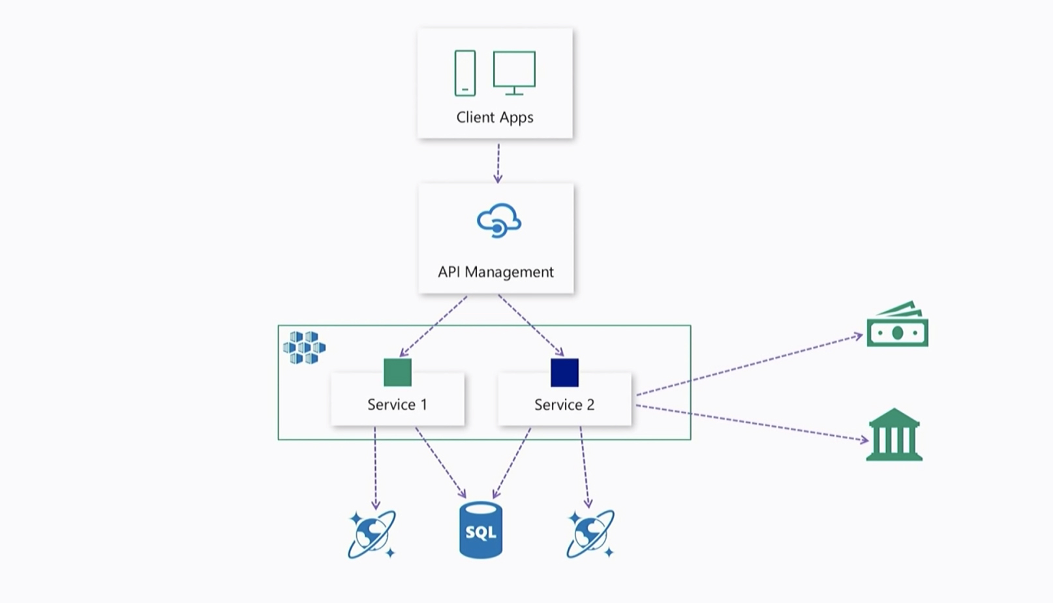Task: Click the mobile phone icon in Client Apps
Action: point(465,73)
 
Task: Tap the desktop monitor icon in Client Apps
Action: point(514,72)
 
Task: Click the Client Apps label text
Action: point(495,117)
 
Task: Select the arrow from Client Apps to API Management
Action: point(498,163)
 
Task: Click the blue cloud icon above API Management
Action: point(498,221)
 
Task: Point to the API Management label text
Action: point(496,272)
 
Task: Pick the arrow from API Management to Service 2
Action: point(531,325)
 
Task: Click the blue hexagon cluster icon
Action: point(304,347)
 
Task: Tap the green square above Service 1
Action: point(397,373)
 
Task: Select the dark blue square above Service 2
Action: point(564,373)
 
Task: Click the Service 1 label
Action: point(397,405)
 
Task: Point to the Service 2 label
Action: point(564,405)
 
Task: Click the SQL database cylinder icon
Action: point(481,530)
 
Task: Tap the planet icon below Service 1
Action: point(371,534)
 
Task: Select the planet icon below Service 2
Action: point(590,534)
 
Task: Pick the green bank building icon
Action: point(894,435)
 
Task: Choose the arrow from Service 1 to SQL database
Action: point(440,463)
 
